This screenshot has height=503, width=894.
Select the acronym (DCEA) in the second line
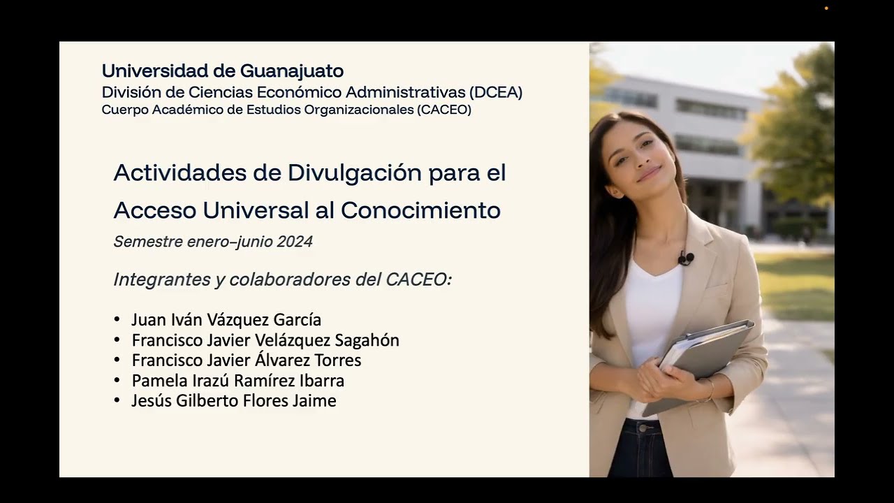[496, 92]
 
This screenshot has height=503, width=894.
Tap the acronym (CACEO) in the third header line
[444, 110]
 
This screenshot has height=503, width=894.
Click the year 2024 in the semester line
[295, 242]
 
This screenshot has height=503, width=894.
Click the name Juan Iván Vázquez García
[226, 320]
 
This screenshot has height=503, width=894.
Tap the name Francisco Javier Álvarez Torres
[246, 360]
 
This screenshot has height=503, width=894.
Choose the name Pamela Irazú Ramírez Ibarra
[237, 381]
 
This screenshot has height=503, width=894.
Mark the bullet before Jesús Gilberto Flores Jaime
[117, 401]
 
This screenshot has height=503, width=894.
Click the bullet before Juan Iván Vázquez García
[117, 320]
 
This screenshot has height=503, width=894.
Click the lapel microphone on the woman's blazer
[685, 258]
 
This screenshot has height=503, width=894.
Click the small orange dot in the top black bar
[826, 8]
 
